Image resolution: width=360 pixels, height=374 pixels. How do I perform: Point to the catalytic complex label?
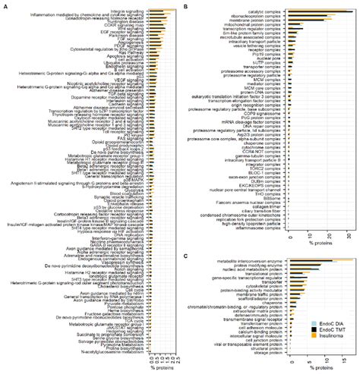(261, 11)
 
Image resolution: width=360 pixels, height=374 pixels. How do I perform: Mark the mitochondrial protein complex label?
(251, 24)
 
